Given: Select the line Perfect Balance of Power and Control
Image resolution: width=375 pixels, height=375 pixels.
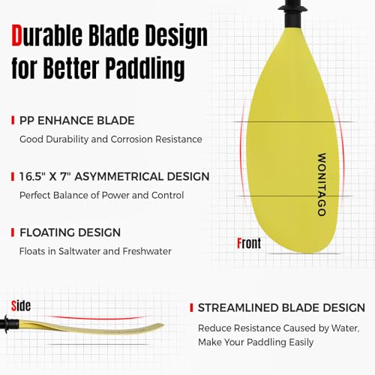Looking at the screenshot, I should [101, 195].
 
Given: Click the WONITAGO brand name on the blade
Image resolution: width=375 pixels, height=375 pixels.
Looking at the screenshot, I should [321, 184].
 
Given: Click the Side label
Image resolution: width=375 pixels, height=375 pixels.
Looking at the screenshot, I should [20, 304].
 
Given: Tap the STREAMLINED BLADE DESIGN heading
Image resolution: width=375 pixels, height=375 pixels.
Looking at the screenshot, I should [280, 308].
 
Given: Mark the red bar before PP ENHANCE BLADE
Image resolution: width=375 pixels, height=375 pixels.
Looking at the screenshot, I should [13, 120].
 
